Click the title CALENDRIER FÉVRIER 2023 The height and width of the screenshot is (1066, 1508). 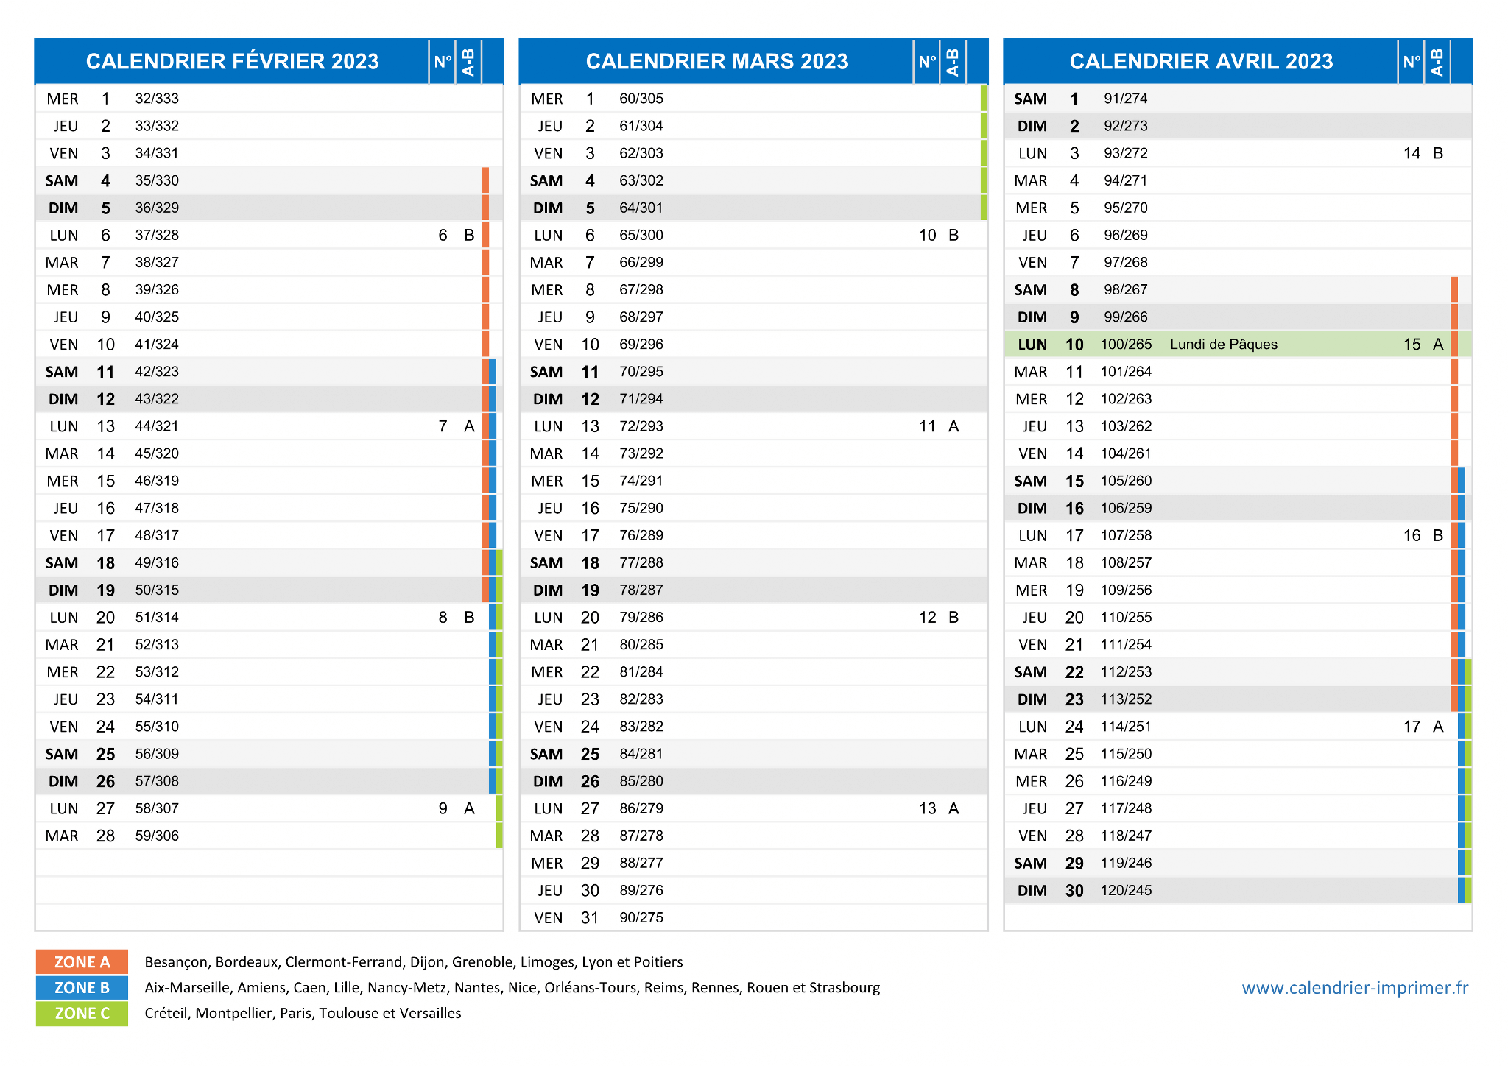click(232, 61)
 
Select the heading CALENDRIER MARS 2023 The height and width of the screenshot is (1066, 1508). click(716, 61)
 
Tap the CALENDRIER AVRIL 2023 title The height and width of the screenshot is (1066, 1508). click(1201, 61)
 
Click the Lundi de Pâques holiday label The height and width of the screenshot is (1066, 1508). click(1223, 345)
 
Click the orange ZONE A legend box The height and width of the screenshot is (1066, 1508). click(82, 961)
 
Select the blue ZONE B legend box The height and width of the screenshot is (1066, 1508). click(82, 987)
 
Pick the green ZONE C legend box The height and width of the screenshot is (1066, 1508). click(82, 1013)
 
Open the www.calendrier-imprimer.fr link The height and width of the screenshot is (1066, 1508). click(1355, 988)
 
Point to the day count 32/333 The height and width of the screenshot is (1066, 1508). click(157, 99)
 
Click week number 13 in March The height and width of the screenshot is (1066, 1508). click(927, 808)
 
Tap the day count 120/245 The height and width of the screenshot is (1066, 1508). click(1126, 890)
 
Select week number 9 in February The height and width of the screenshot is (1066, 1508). click(443, 808)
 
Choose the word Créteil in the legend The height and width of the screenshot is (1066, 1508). click(166, 1013)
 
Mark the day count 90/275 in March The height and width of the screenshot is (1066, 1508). click(641, 917)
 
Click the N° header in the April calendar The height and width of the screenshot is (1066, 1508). click(1411, 62)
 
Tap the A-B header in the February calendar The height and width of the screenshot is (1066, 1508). click(468, 62)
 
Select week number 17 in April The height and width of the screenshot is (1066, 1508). click(1412, 727)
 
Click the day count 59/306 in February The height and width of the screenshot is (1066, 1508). click(157, 836)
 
